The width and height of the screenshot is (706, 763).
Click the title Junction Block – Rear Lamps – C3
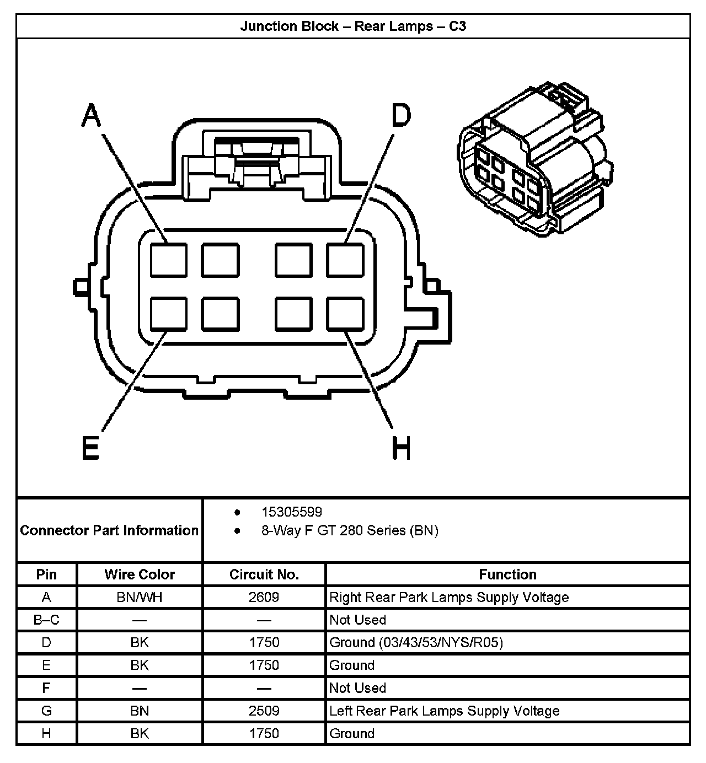tap(353, 26)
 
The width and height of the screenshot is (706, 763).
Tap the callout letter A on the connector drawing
tap(92, 115)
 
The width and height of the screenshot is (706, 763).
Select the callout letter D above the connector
tap(401, 115)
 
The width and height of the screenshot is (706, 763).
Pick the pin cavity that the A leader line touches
tap(168, 260)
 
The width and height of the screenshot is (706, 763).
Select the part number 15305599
tap(292, 512)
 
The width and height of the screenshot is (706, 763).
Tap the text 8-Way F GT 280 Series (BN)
tap(350, 530)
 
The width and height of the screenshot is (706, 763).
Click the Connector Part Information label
tap(109, 530)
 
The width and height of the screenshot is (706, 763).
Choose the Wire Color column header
tap(140, 574)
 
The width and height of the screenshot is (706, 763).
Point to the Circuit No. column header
tap(264, 574)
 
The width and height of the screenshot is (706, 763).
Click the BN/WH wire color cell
tap(140, 597)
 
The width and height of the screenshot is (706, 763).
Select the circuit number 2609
tap(264, 597)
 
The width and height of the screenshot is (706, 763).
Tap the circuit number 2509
tap(264, 711)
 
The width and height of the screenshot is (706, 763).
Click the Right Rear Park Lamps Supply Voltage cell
tap(449, 597)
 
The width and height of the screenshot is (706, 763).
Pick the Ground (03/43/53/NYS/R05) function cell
tap(416, 642)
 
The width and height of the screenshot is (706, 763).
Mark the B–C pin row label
tap(46, 620)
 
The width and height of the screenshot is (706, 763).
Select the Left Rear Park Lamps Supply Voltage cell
tap(444, 711)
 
